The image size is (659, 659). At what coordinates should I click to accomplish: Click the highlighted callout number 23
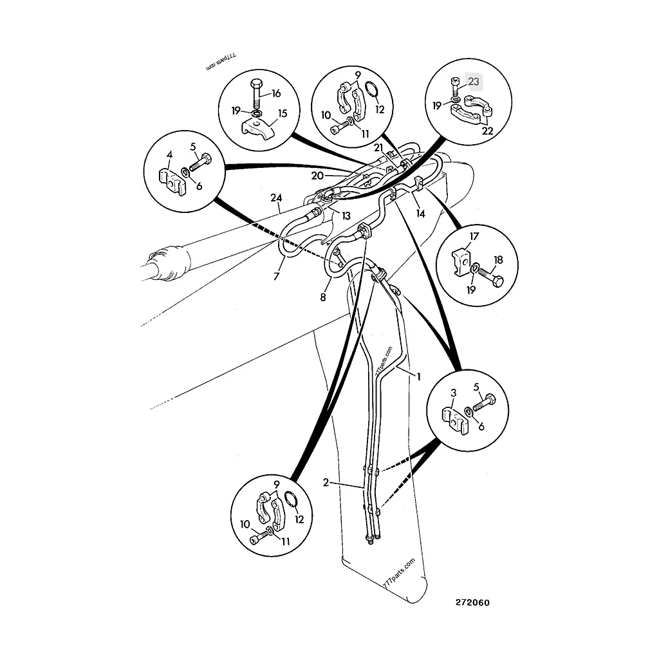(474, 82)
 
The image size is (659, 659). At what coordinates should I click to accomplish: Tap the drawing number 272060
(473, 602)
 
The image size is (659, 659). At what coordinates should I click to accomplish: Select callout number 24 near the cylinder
(276, 198)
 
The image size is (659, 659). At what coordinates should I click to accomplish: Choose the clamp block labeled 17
(462, 263)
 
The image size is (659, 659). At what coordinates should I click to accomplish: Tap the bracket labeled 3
(455, 421)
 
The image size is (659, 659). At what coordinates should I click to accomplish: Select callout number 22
(487, 131)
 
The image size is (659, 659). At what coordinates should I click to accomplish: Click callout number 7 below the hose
(276, 276)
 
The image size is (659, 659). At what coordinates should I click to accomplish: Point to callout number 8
(323, 297)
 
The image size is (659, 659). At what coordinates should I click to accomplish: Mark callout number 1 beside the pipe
(418, 376)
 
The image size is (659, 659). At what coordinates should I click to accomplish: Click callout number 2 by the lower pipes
(326, 483)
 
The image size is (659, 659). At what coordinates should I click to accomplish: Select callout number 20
(317, 175)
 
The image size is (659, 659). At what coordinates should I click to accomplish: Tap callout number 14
(421, 214)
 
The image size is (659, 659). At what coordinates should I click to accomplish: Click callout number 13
(346, 216)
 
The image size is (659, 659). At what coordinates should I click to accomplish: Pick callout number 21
(378, 147)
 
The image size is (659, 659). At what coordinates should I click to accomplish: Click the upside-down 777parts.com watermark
(221, 62)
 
